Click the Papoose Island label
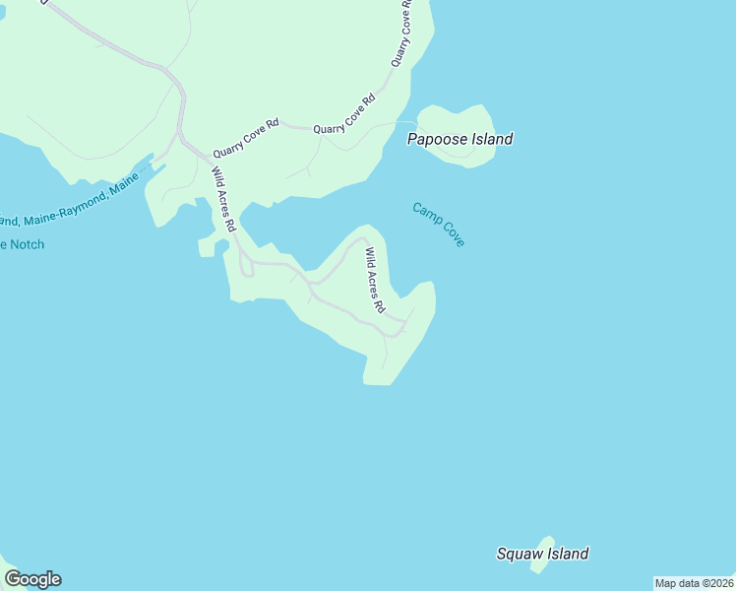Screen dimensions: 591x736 point(460,139)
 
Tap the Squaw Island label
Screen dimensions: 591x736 point(542,554)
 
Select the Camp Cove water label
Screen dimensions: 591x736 point(438,225)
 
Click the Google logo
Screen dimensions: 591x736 point(32,579)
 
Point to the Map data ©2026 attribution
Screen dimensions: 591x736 point(694,583)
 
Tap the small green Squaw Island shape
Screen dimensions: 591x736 point(542,553)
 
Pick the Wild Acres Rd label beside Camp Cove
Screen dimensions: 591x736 point(374,280)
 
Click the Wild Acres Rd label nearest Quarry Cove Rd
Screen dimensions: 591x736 point(223,199)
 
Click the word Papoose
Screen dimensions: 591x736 point(436,139)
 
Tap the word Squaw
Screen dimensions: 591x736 point(519,554)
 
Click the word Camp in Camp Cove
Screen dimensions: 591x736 point(426,214)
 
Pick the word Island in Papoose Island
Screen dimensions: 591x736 point(490,139)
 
